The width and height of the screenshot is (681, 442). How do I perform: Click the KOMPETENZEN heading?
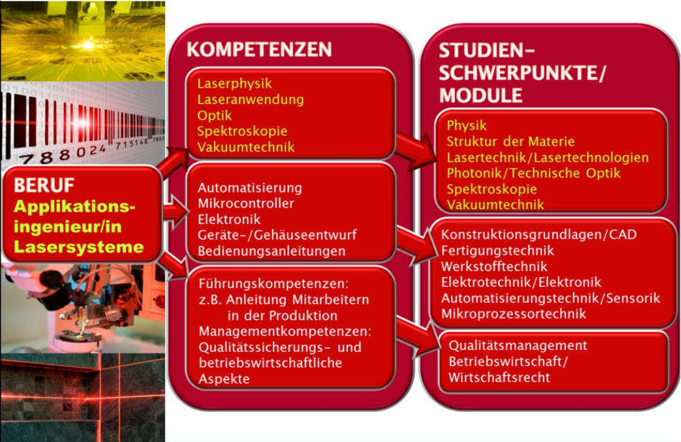coord(259,50)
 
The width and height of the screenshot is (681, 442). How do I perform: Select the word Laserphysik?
coord(235,84)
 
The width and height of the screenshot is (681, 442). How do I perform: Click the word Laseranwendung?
coord(250,99)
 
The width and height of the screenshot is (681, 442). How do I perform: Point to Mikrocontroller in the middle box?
coord(246,203)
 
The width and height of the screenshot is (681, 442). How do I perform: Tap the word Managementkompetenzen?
coord(284,332)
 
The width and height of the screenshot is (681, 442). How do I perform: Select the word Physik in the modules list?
coord(466,126)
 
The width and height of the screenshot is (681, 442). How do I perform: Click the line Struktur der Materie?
coord(510,142)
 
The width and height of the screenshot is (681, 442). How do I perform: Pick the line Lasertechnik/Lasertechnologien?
coord(547,157)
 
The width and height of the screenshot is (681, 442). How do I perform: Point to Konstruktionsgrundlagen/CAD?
coord(539,234)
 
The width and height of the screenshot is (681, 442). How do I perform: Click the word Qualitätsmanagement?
coord(518,346)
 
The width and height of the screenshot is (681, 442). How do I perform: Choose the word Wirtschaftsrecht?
coord(499,377)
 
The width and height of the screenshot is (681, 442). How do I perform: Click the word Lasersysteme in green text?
coord(79,247)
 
